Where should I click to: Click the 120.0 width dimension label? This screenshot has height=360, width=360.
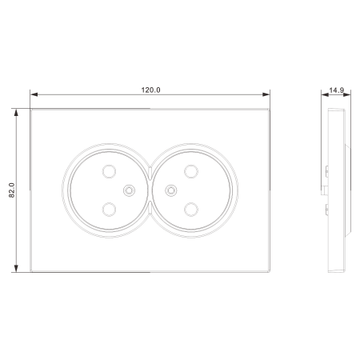coord(150,90)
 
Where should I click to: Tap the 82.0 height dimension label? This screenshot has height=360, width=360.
coord(12,190)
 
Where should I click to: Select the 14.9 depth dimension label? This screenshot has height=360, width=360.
coord(337,90)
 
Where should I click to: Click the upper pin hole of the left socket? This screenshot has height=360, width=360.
coord(109,171)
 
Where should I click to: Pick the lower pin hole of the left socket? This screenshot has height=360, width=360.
coord(109,210)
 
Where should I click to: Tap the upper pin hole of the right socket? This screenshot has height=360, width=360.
coord(191,171)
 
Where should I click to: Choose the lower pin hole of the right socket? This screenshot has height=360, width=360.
coord(191,210)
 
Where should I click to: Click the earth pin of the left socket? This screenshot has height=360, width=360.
coord(129,190)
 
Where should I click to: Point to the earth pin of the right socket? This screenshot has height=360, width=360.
coord(171,190)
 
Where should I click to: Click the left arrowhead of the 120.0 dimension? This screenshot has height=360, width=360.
coord(34,94)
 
